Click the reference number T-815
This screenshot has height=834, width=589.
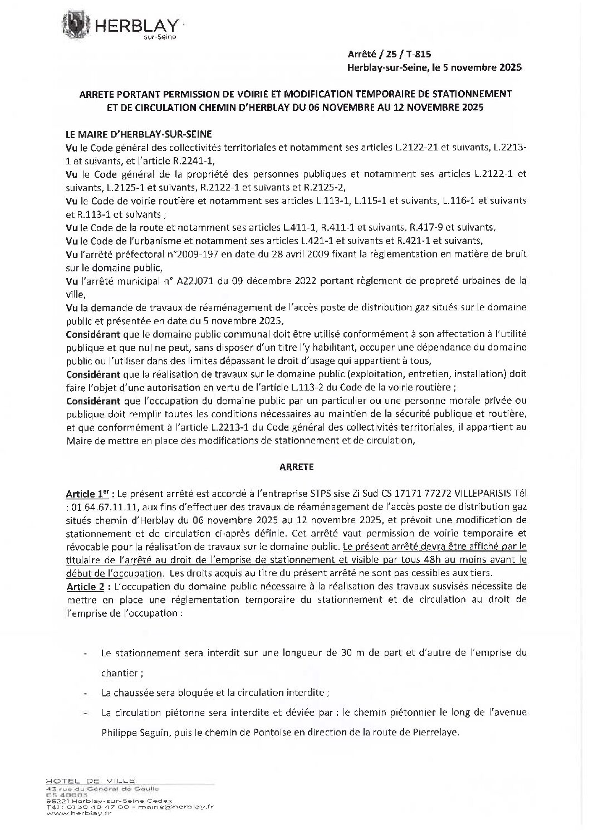point(418,54)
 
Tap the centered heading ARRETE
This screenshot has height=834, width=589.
point(296,467)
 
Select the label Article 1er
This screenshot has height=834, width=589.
point(85,494)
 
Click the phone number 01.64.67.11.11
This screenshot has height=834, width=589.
point(101,507)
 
